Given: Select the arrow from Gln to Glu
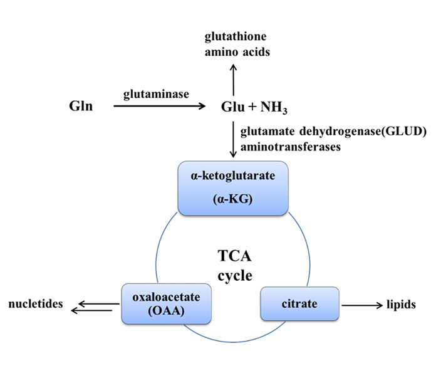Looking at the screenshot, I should (159, 107).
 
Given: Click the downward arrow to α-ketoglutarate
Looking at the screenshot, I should (234, 141).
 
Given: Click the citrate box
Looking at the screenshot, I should (298, 304).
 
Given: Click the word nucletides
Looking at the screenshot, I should (36, 305).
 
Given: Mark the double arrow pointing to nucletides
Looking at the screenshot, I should (95, 306).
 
